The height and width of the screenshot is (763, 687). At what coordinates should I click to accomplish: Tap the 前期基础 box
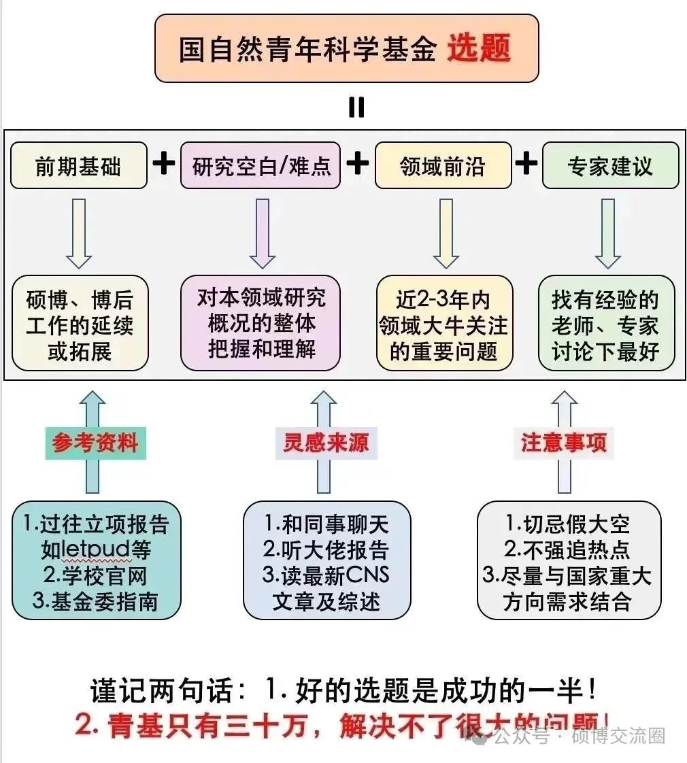78,165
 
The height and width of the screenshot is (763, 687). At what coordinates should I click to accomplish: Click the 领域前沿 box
443,165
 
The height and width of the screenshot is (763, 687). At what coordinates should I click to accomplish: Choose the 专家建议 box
610,165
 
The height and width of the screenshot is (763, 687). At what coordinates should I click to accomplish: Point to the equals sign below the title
356,107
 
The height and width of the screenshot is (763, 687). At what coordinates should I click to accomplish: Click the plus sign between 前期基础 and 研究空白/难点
163,165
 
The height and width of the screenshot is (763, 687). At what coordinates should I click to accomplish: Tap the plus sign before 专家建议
525,165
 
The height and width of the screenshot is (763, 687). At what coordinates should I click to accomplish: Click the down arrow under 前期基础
79,233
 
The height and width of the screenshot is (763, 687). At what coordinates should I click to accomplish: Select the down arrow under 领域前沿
446,233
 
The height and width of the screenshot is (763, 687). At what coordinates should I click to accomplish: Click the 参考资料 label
95,443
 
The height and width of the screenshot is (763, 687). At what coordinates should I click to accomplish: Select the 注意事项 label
564,443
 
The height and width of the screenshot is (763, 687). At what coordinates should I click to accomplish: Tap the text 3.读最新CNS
326,575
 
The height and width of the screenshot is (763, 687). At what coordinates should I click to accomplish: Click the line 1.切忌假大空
567,524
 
